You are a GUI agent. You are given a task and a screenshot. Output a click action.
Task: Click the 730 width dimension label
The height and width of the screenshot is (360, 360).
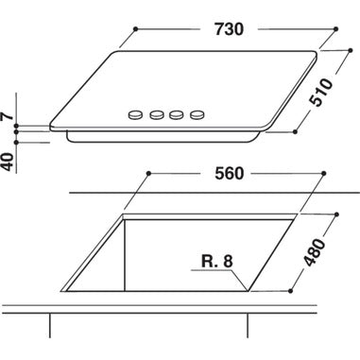pos(229,29)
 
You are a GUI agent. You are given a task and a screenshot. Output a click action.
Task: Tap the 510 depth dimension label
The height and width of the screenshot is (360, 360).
pos(321,92)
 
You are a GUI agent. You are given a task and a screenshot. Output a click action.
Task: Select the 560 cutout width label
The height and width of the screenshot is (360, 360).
pos(229,174)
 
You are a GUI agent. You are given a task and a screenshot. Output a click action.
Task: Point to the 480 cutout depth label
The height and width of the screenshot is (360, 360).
pos(314,252)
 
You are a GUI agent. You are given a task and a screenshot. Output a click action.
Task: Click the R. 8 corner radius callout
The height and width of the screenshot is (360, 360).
pos(217,262)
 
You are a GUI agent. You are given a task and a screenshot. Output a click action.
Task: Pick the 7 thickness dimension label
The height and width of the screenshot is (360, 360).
pos(8,115)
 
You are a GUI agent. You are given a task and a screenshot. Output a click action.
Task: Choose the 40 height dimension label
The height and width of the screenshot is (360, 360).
pos(9,163)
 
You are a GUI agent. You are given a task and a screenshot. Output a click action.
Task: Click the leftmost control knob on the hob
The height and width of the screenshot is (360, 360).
pos(136,115)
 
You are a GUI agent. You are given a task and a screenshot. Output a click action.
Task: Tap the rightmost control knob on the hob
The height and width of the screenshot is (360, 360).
pos(197,114)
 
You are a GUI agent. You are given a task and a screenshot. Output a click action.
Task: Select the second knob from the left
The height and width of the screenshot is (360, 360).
pos(157,115)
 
